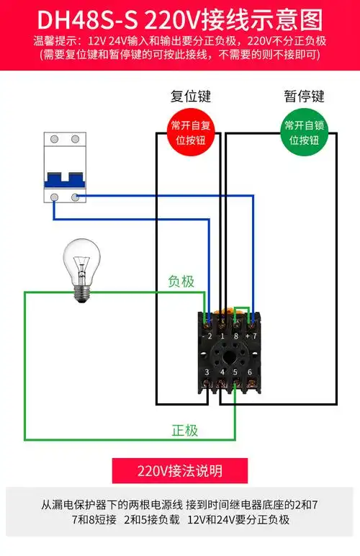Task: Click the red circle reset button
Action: click(190, 133)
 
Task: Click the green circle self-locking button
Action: click(303, 133)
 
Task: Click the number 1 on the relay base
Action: click(222, 336)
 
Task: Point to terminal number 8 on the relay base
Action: click(235, 336)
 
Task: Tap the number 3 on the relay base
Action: click(207, 372)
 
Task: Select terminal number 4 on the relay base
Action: click(222, 372)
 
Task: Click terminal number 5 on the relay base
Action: click(235, 372)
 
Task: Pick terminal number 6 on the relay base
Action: click(250, 372)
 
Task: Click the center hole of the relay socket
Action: click(229, 354)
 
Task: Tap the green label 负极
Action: click(181, 282)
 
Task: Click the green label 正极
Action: click(184, 430)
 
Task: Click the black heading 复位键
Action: click(190, 96)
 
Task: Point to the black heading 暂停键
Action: click(304, 96)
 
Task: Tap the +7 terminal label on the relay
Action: click(251, 336)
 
